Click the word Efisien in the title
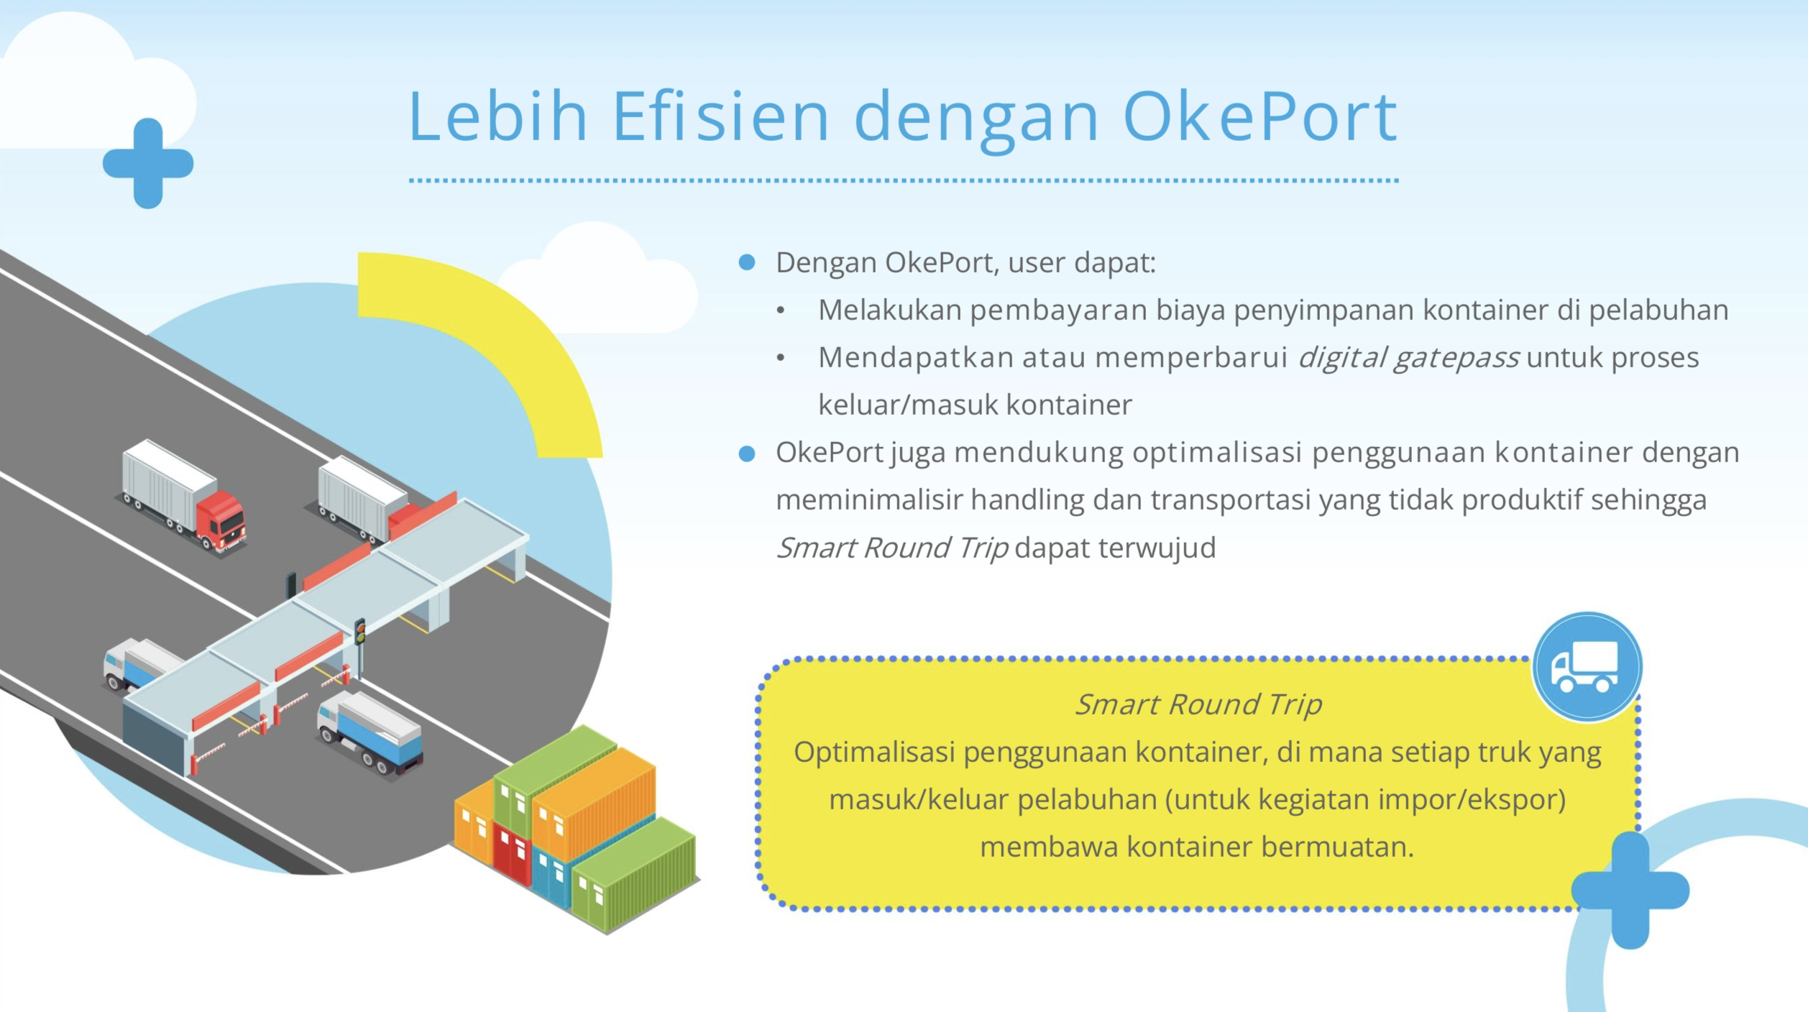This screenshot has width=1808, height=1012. [720, 116]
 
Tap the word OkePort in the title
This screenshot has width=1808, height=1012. [1259, 116]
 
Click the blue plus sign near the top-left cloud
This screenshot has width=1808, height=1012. [148, 163]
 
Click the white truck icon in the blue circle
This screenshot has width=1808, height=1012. [1586, 666]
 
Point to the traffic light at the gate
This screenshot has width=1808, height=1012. [360, 632]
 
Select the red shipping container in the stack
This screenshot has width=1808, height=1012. [512, 855]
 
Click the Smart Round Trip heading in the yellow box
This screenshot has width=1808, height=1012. [1198, 704]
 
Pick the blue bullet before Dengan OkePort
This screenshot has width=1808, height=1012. [747, 262]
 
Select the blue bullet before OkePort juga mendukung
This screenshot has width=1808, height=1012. [747, 454]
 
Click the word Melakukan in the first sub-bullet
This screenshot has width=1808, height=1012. [889, 310]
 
